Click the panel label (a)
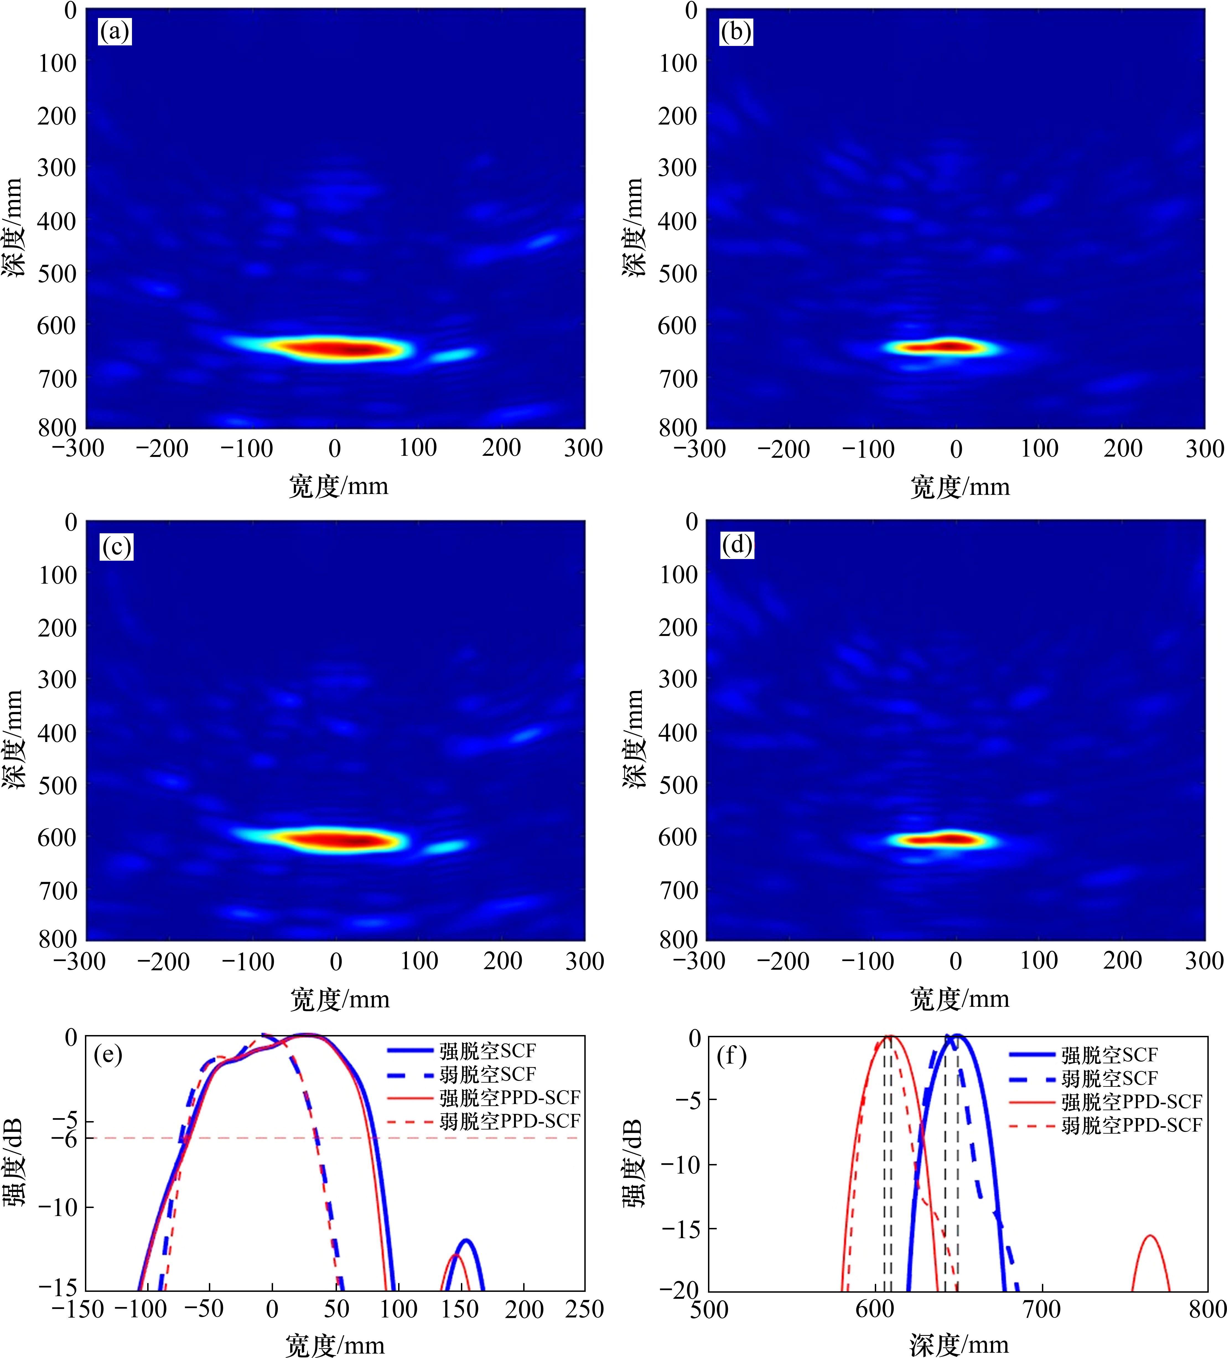pyautogui.click(x=115, y=32)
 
